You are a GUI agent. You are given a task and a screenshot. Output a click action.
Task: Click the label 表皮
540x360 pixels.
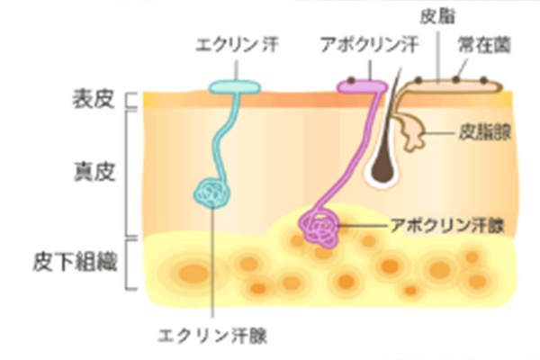pyautogui.click(x=94, y=99)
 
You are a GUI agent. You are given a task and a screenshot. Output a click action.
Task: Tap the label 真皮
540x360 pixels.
pyautogui.click(x=94, y=168)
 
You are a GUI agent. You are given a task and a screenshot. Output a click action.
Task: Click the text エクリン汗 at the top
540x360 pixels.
pyautogui.click(x=235, y=43)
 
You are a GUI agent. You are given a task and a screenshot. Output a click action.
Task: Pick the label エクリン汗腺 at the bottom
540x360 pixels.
pyautogui.click(x=212, y=336)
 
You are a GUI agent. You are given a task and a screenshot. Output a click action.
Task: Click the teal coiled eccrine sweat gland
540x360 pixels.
pyautogui.click(x=214, y=191)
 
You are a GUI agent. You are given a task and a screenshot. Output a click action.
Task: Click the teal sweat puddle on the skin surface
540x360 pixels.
pyautogui.click(x=235, y=87)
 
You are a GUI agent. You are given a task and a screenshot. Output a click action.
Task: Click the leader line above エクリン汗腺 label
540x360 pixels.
pyautogui.click(x=212, y=270)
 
